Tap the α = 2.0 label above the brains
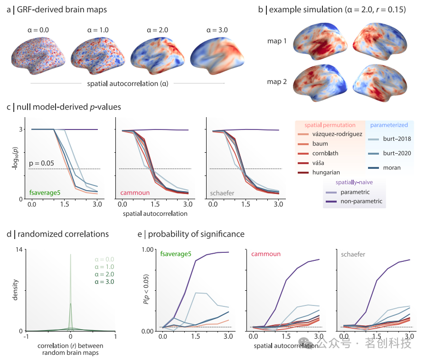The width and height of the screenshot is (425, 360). (x=157, y=30)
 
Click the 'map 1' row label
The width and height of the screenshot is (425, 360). (x=276, y=41)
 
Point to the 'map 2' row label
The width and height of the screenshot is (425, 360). (x=276, y=82)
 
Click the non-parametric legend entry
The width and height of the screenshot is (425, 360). (x=357, y=202)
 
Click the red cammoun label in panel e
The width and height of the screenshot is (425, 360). (x=266, y=254)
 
